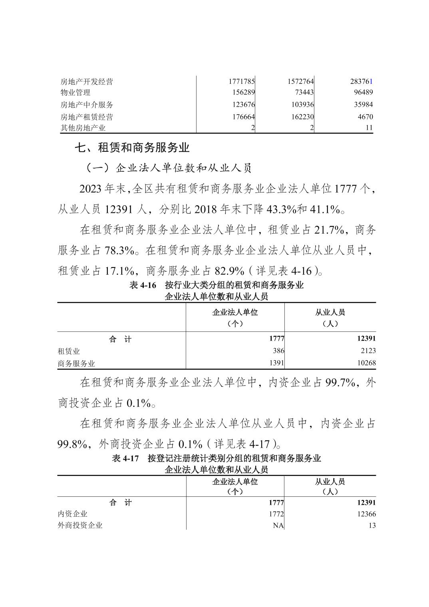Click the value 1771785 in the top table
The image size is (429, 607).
(242, 82)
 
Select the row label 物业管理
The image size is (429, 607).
(75, 93)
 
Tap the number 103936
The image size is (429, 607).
(300, 105)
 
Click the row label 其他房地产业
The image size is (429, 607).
(83, 128)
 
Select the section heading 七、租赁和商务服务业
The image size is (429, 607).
(132, 148)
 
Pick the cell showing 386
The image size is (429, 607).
(278, 351)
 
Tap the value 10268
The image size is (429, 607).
(363, 363)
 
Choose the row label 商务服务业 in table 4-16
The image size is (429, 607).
(76, 363)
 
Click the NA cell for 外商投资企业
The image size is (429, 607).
(278, 526)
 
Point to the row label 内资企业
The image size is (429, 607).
(73, 514)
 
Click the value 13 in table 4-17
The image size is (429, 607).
(372, 526)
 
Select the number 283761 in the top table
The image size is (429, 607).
(361, 82)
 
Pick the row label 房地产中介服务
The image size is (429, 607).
(87, 105)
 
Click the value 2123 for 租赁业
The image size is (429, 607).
(367, 351)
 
